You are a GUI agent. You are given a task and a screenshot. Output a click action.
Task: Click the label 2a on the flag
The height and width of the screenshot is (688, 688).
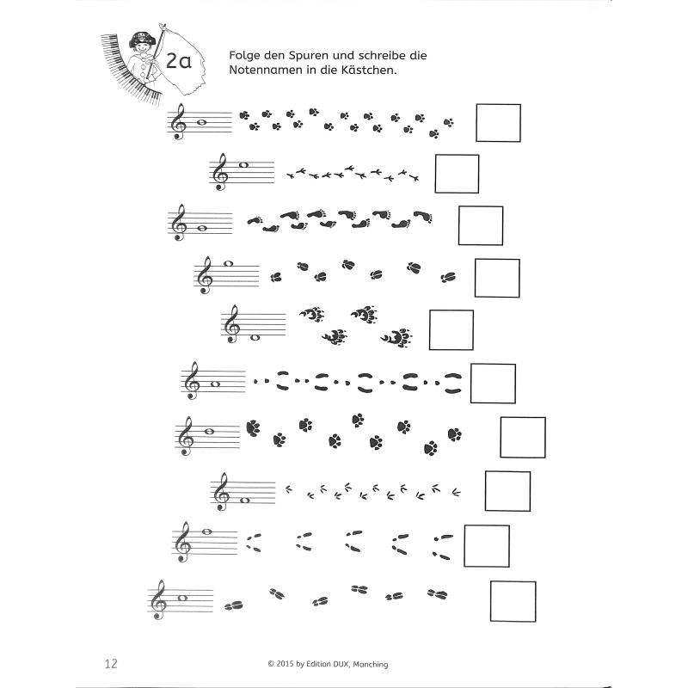(180, 62)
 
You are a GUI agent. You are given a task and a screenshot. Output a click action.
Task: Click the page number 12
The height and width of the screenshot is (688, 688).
(110, 663)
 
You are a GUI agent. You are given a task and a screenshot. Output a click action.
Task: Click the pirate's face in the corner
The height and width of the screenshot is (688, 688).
(139, 43)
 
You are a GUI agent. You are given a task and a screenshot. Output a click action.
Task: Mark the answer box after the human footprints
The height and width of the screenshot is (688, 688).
(481, 225)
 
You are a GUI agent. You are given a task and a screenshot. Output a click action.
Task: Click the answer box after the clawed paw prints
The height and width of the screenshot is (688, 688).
(451, 330)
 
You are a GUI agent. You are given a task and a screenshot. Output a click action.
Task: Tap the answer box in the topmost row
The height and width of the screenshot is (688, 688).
(498, 123)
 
